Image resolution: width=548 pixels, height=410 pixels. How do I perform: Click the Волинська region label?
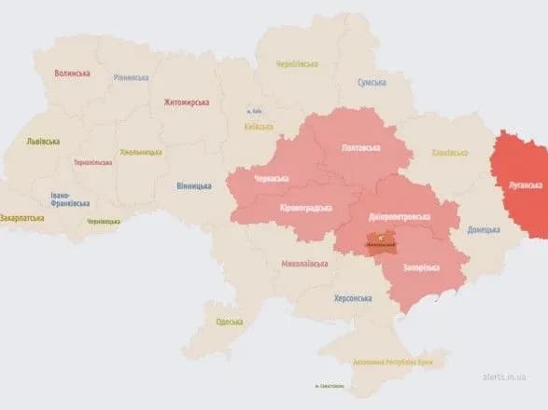[x=72, y=73]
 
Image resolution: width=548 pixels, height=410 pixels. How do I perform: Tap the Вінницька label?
[x=193, y=185]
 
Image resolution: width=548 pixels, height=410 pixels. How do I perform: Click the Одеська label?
[x=229, y=321]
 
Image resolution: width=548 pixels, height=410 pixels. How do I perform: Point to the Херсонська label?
[x=353, y=298]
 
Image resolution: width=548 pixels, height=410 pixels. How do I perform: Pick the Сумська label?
[x=372, y=83]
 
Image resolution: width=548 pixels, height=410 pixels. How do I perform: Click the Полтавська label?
[x=361, y=147]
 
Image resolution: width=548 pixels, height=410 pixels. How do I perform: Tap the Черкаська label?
[x=272, y=178]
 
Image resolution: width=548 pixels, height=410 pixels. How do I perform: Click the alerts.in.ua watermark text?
[x=508, y=377]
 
